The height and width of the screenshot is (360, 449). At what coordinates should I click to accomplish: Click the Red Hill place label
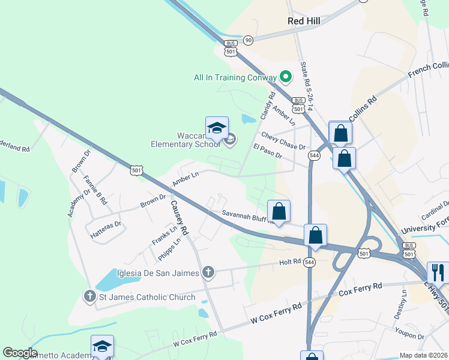[304, 21]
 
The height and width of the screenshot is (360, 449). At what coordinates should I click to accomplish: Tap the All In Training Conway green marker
[286, 77]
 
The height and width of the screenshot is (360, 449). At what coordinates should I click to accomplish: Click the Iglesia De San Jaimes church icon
[208, 273]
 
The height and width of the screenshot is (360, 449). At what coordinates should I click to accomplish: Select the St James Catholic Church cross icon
[90, 296]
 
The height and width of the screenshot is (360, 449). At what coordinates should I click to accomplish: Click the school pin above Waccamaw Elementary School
[217, 128]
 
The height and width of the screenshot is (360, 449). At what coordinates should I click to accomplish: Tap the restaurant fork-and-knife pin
[438, 272]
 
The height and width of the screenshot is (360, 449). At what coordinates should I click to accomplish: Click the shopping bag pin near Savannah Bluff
[279, 211]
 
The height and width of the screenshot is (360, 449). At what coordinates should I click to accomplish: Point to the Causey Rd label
[179, 217]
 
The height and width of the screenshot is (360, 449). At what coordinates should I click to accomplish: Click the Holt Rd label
[289, 262]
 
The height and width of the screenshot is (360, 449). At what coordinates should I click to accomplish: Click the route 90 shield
[249, 40]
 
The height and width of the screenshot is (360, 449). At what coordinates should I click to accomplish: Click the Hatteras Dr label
[106, 224]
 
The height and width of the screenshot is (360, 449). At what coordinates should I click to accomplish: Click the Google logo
[20, 352]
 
